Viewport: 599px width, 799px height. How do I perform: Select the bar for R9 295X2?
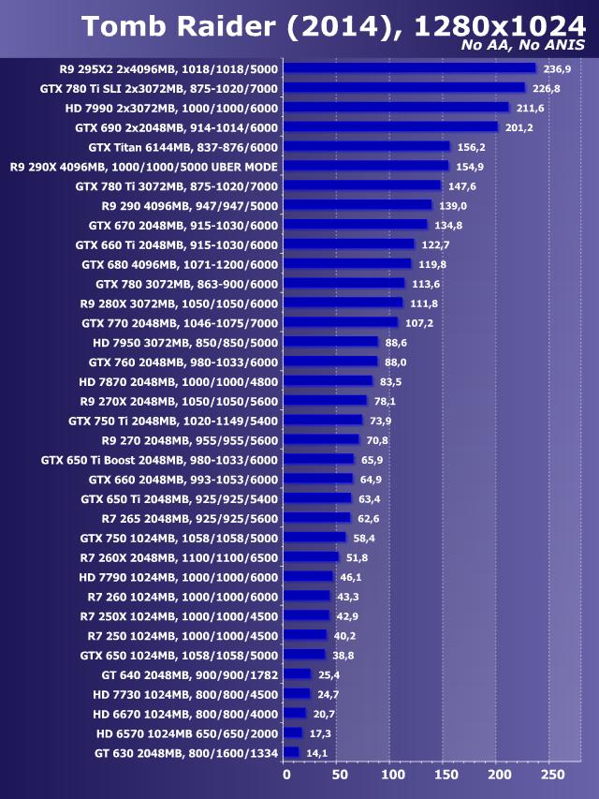[x=409, y=68]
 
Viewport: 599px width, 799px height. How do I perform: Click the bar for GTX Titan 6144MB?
[x=367, y=146]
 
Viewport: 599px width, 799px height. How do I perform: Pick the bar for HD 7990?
[x=396, y=108]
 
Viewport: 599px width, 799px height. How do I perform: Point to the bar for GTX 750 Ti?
[x=322, y=420]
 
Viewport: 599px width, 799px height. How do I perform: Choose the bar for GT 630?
[x=291, y=752]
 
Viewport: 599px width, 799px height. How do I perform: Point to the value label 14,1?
[x=317, y=752]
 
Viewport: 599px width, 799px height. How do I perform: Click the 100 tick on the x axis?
[x=393, y=775]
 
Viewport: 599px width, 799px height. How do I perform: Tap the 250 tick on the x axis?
[x=553, y=775]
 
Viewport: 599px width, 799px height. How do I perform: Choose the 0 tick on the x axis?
[x=286, y=775]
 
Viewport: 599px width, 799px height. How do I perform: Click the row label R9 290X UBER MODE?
[x=143, y=166]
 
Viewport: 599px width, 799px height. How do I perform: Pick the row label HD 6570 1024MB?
[x=186, y=732]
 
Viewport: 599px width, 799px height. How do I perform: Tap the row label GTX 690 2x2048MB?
[x=176, y=126]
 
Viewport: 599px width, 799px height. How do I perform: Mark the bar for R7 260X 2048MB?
[x=311, y=556]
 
